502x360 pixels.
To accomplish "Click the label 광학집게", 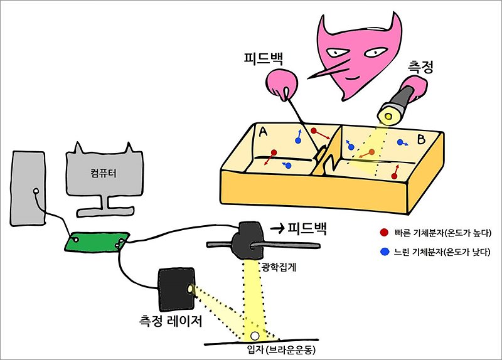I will click(x=277, y=266).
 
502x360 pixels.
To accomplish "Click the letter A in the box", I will click(x=264, y=132).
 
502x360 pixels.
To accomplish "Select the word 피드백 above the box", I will click(x=264, y=60).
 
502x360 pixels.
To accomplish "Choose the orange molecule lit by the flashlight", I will click(x=372, y=152).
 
